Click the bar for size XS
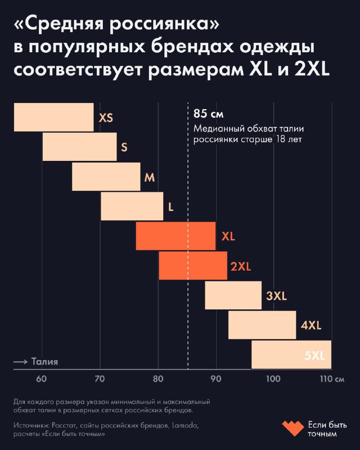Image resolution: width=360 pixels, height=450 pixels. [x=53, y=117]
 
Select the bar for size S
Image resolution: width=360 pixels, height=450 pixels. [x=79, y=147]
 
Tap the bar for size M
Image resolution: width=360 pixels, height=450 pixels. [x=106, y=177]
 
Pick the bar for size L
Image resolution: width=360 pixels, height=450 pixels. [x=132, y=206]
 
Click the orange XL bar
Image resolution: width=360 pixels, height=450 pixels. [x=175, y=236]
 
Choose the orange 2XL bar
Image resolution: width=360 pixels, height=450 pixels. [x=192, y=265]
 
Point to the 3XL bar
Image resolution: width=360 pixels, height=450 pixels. [x=233, y=295]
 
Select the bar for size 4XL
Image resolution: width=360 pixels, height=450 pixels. [x=262, y=325]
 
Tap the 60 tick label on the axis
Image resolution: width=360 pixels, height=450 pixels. [x=42, y=379]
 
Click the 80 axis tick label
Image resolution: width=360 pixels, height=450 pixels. [x=157, y=379]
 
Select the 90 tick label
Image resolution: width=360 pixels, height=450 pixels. [x=215, y=379]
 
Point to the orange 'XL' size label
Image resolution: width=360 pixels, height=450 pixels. [x=228, y=236]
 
